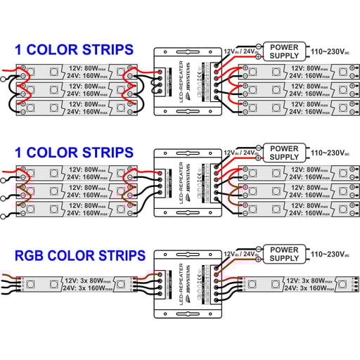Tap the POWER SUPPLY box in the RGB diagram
(284, 255)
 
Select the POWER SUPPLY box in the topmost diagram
(284, 52)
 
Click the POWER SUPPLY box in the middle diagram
(284, 153)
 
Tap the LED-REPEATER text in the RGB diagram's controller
(181, 285)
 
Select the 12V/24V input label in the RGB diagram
(240, 254)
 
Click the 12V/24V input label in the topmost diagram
(240, 51)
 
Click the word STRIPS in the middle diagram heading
(106, 152)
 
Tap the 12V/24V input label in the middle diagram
(240, 153)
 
